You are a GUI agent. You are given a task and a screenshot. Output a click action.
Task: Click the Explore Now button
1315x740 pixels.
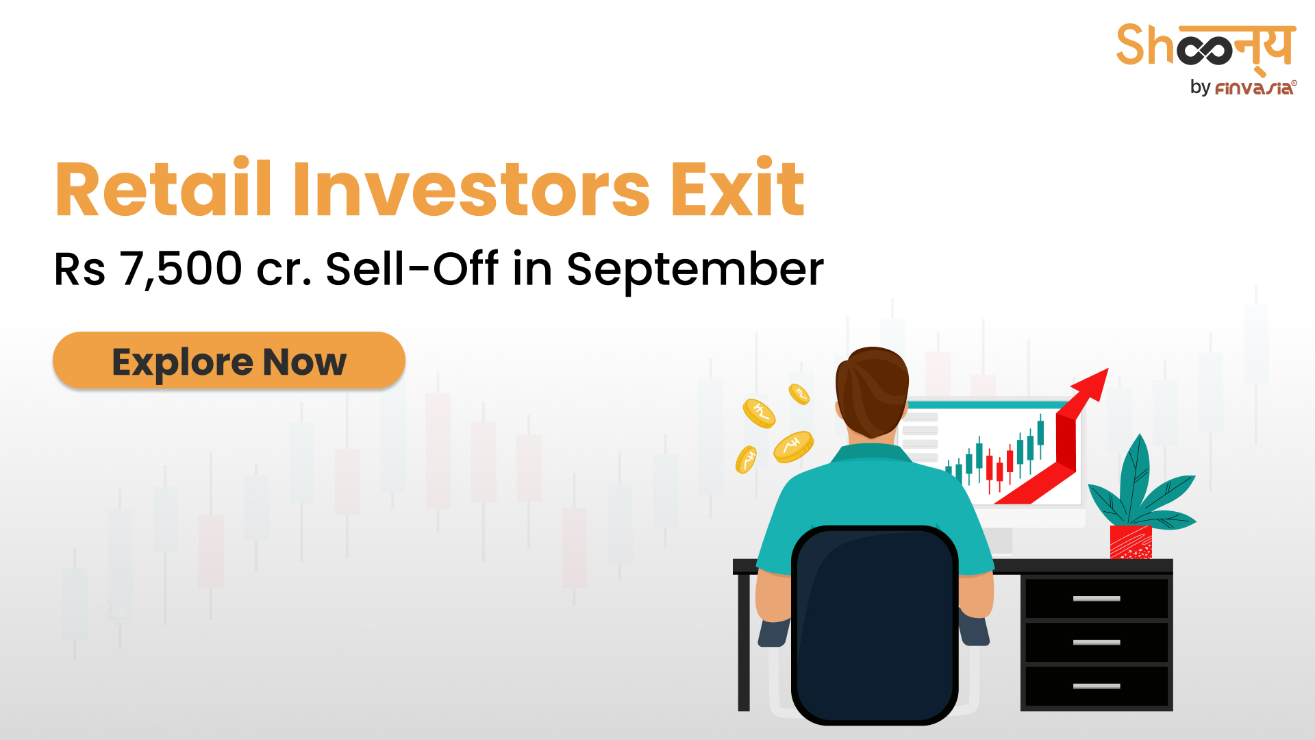coord(229,360)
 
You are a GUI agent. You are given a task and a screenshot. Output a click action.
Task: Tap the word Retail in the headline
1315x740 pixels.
coord(164,188)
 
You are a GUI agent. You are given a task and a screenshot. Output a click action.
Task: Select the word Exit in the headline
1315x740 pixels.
coord(737,188)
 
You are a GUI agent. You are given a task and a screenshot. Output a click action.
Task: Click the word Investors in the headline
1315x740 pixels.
coord(471,188)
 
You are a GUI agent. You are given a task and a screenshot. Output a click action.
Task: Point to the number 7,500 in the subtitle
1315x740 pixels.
coord(181,269)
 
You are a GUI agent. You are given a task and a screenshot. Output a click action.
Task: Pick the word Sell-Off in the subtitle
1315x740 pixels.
coord(412,269)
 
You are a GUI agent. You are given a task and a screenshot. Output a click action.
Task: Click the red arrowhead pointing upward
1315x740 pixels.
coord(1090,386)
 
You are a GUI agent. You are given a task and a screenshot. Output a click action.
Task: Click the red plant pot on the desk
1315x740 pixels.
coord(1131,542)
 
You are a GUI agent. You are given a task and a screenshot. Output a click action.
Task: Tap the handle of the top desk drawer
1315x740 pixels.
coord(1097,599)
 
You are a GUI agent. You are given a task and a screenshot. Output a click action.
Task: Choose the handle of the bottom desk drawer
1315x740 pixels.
coord(1097,686)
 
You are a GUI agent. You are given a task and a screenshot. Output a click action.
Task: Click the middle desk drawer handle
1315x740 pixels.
coord(1097,642)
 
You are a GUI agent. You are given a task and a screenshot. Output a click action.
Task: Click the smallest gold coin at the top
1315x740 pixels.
coord(799,394)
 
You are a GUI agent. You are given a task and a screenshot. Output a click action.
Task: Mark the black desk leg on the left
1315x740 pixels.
coord(744,641)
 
